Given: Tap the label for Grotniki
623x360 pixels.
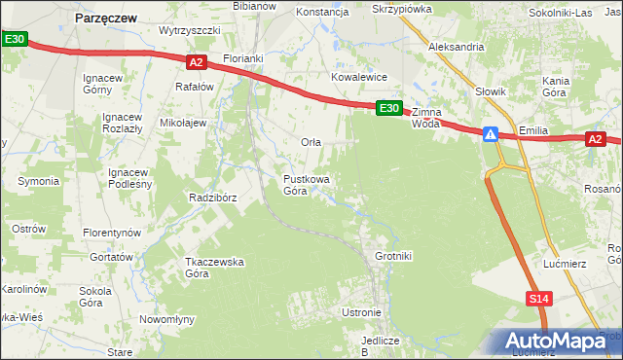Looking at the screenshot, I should [x=393, y=257].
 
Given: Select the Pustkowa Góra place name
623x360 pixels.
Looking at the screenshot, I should [x=306, y=185].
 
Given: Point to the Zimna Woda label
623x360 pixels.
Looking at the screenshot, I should [x=426, y=118].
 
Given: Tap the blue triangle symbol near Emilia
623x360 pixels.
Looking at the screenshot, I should [x=493, y=134].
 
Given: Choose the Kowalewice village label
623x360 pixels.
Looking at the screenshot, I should [x=359, y=77].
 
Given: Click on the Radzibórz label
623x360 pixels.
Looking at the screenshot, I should [x=213, y=198].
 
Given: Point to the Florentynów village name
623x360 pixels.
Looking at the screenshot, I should [x=112, y=234].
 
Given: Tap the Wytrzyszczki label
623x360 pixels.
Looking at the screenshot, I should [x=191, y=30].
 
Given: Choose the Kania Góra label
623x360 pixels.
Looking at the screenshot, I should [x=555, y=87].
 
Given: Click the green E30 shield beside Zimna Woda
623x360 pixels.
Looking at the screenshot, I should [x=388, y=108].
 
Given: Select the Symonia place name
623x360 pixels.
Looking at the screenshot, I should [x=38, y=182].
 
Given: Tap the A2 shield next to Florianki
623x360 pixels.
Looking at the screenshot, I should [x=196, y=62].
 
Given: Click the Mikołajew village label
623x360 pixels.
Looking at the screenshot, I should [x=183, y=124].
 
